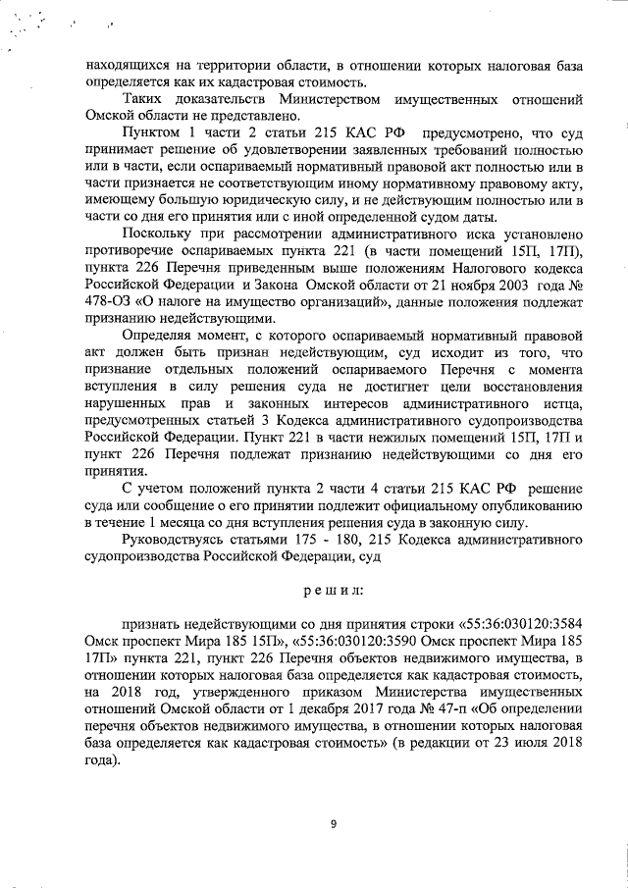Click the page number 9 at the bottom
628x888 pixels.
333,824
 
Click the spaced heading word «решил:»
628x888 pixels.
334,592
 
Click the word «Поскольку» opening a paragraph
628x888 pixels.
159,235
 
